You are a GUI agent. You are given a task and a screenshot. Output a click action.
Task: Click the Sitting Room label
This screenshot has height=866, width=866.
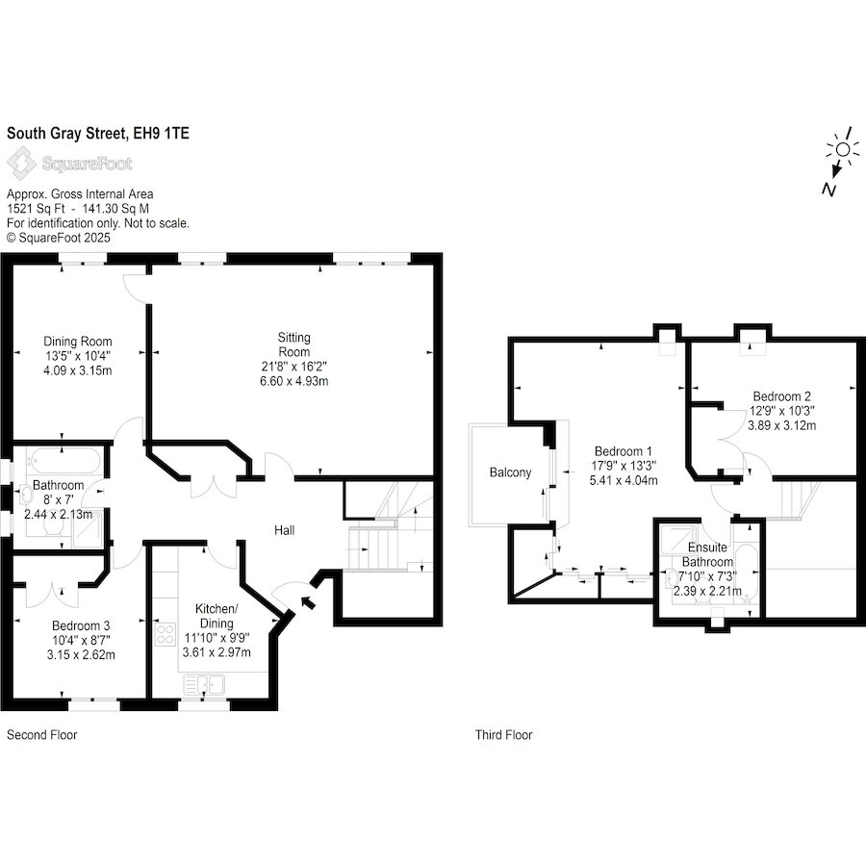point(293,344)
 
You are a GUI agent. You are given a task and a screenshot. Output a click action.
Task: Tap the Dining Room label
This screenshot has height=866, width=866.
point(77,342)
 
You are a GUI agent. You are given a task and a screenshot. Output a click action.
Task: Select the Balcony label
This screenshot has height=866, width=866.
point(510,472)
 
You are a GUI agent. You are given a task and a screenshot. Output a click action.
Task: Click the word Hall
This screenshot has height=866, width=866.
point(285,530)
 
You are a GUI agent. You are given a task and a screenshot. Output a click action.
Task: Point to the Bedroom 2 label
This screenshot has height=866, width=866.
point(781,396)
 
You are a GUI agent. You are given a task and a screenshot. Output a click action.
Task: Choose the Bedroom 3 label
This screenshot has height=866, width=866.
point(81,625)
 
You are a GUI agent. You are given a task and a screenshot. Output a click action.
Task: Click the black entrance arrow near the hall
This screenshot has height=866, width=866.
point(308,601)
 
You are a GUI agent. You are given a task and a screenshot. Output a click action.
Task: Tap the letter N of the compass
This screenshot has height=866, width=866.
point(828,189)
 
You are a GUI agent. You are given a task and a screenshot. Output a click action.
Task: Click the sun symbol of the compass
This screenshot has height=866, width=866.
point(843,149)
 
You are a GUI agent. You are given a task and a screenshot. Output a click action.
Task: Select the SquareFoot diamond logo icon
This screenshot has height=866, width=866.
point(21,163)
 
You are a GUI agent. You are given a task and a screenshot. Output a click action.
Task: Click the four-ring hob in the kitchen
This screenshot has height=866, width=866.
point(166,633)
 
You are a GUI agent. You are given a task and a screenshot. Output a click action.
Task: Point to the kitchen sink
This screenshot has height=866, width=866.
point(204,684)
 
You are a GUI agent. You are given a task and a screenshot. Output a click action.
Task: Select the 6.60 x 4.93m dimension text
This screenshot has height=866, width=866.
point(293,381)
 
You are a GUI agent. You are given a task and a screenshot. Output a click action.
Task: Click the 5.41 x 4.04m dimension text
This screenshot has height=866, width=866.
point(623,480)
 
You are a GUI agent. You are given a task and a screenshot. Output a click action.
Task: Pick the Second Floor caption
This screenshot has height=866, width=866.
point(42,735)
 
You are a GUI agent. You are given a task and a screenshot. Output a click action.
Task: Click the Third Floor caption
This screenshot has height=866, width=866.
point(503,735)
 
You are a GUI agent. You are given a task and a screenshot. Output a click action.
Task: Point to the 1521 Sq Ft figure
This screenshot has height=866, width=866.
point(36,209)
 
